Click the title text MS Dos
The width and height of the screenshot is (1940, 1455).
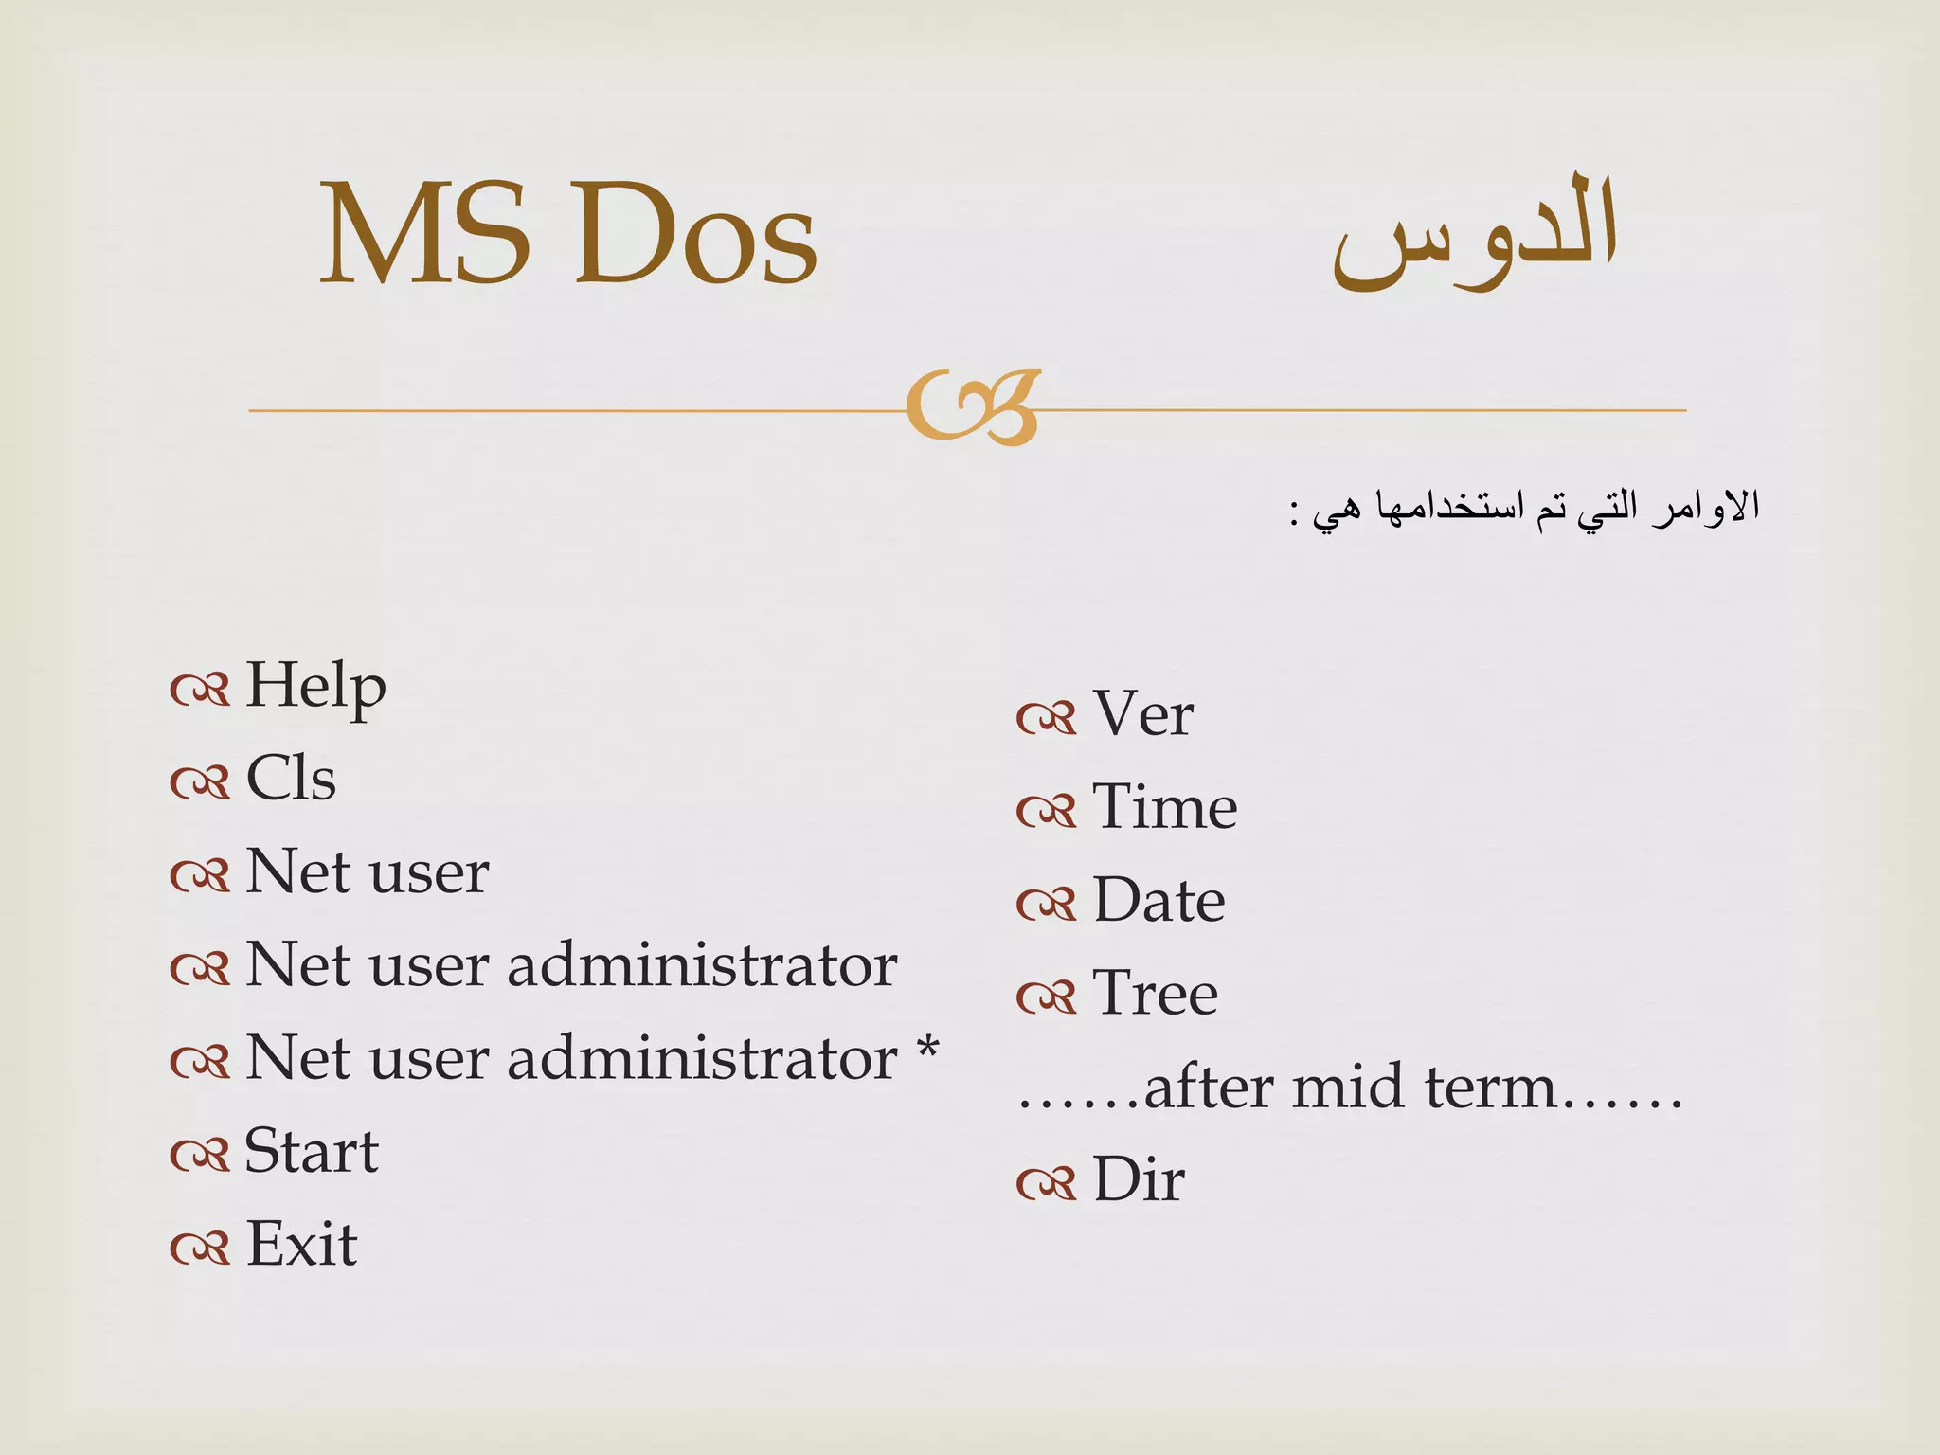pyautogui.click(x=568, y=234)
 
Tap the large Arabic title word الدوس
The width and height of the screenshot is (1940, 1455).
pyautogui.click(x=1475, y=232)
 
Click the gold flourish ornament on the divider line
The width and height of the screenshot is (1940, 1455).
pyautogui.click(x=973, y=407)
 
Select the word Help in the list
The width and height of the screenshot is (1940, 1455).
pyautogui.click(x=315, y=685)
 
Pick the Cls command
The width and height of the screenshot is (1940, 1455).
pyautogui.click(x=291, y=779)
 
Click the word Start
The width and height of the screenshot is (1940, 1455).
pyautogui.click(x=312, y=1151)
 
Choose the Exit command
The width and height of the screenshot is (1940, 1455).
pyautogui.click(x=301, y=1244)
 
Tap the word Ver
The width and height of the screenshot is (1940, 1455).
pyautogui.click(x=1142, y=713)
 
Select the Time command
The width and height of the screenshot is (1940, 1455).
pyautogui.click(x=1164, y=807)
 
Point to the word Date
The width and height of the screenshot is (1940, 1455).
pyautogui.click(x=1159, y=900)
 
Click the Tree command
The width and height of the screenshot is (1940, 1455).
pyautogui.click(x=1155, y=993)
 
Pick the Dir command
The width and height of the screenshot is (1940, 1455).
pyautogui.click(x=1138, y=1179)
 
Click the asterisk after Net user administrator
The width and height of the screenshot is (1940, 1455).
pyautogui.click(x=927, y=1051)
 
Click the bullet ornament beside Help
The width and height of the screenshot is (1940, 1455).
pyautogui.click(x=200, y=690)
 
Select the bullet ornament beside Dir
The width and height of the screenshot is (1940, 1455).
pyautogui.click(x=1046, y=1183)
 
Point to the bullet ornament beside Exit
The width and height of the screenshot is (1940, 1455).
pyautogui.click(x=200, y=1248)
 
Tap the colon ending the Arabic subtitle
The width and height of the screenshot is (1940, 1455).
pyautogui.click(x=1294, y=515)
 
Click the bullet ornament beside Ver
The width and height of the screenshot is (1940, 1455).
pyautogui.click(x=1046, y=717)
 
